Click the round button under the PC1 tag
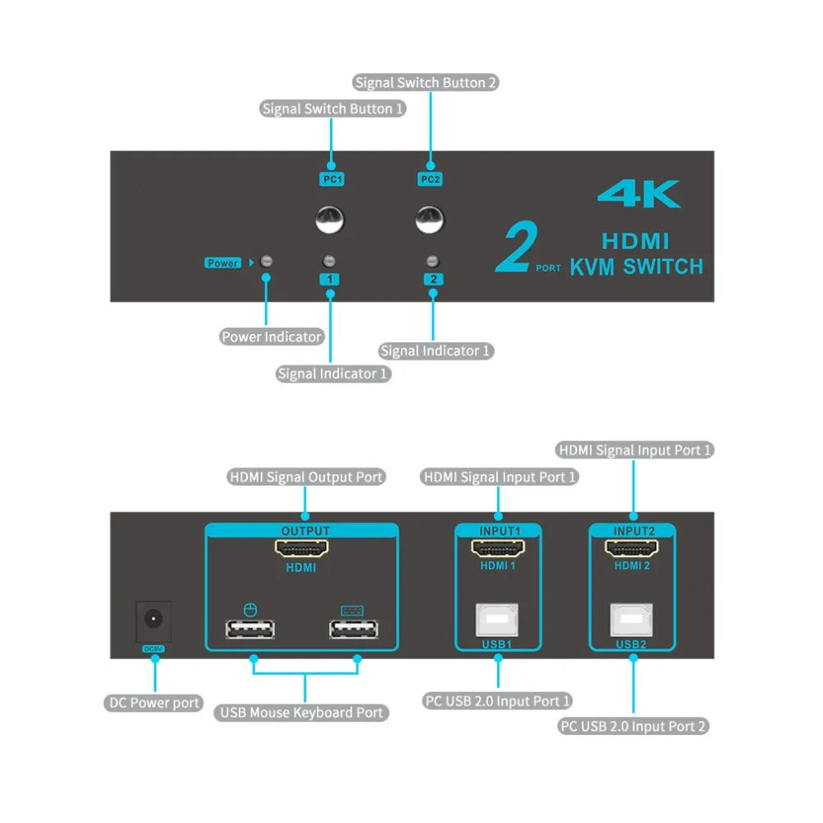pyautogui.click(x=330, y=220)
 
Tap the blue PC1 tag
pyautogui.click(x=330, y=178)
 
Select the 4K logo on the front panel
pyautogui.click(x=639, y=195)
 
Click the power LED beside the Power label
pyautogui.click(x=266, y=263)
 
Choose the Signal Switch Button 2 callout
pyautogui.click(x=426, y=82)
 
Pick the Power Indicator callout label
pyautogui.click(x=272, y=337)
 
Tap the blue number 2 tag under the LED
pyautogui.click(x=433, y=279)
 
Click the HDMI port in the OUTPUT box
pyautogui.click(x=300, y=548)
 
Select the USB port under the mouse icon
pyautogui.click(x=250, y=630)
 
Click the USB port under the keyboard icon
pyautogui.click(x=353, y=630)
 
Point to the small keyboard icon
pyautogui.click(x=351, y=611)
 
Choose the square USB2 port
pyautogui.click(x=631, y=619)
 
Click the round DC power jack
pyautogui.click(x=154, y=617)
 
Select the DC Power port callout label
pyautogui.click(x=155, y=703)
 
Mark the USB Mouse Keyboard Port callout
pyautogui.click(x=302, y=713)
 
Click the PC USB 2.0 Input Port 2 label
pyautogui.click(x=633, y=726)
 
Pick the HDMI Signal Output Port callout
pyautogui.click(x=306, y=477)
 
